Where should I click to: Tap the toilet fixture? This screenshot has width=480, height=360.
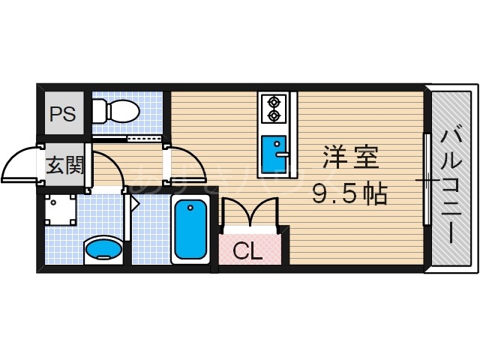click(x=117, y=112)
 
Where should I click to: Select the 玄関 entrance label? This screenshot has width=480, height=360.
click(x=65, y=165)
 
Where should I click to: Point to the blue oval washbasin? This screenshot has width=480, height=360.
click(x=103, y=248)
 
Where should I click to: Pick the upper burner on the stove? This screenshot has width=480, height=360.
click(x=272, y=101)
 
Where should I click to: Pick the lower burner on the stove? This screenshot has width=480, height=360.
click(x=272, y=115)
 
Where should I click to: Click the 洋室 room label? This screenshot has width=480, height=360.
click(x=351, y=158)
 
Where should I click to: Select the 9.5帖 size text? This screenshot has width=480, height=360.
click(x=349, y=193)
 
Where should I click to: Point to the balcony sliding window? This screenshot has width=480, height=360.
click(x=426, y=180)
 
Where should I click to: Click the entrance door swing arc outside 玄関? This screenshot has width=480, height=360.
click(x=19, y=165)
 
